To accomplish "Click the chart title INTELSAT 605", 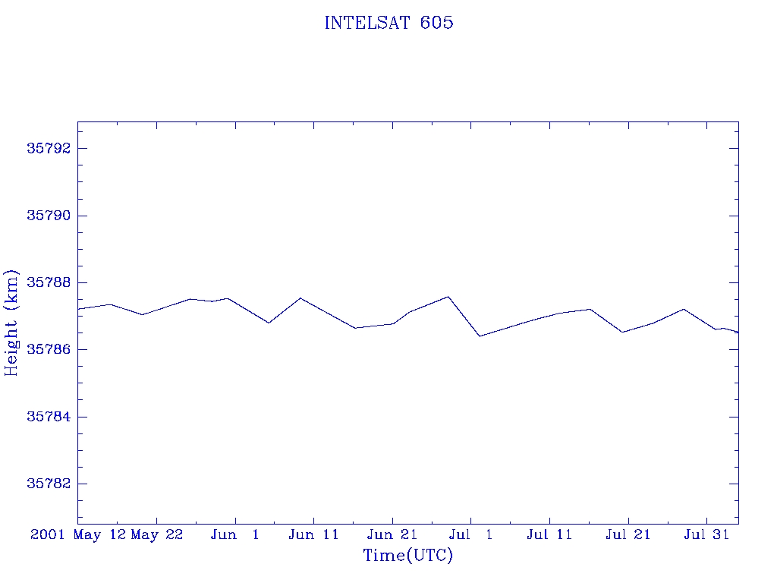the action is (389, 23).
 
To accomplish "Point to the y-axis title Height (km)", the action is (11, 323).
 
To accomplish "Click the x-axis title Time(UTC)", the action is (407, 555).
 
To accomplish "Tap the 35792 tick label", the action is (49, 148).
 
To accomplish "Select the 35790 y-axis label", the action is (49, 216).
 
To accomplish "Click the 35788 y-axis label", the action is (49, 282).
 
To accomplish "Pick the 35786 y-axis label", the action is (49, 349).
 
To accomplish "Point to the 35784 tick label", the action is (49, 417).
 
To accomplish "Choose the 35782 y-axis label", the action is (49, 484).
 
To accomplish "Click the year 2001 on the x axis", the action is (47, 534).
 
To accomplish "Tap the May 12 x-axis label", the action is (99, 535).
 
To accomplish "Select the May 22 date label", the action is (157, 535).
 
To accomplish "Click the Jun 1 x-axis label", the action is (235, 534).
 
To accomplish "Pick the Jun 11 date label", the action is (313, 534).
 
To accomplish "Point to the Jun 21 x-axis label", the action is (392, 534).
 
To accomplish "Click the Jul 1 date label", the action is (470, 534).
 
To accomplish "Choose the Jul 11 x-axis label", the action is (549, 534).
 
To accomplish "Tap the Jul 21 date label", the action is (628, 534).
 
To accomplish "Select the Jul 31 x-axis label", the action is (706, 534).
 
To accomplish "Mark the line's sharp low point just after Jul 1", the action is (480, 336).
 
